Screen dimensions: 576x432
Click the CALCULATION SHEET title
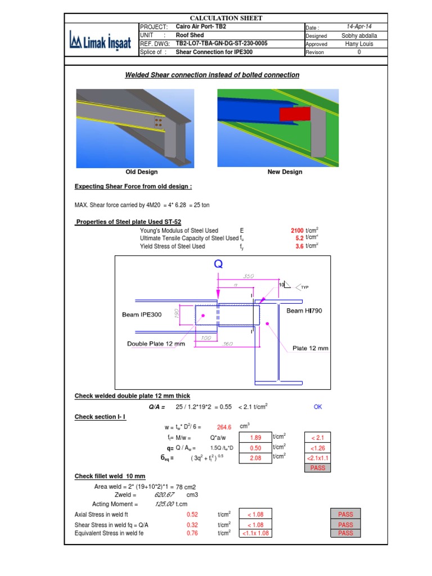[226, 19]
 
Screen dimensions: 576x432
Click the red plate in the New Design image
[294, 115]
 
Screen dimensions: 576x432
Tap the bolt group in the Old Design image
[159, 123]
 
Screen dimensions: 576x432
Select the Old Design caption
[142, 172]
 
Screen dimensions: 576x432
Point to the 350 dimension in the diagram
[249, 276]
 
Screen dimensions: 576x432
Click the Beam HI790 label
[305, 310]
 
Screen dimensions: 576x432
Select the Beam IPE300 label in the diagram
[142, 314]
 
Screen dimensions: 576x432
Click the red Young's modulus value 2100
[296, 231]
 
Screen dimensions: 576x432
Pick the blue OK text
[318, 407]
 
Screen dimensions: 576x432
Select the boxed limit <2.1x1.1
[318, 458]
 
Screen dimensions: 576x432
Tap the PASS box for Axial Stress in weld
[345, 514]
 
